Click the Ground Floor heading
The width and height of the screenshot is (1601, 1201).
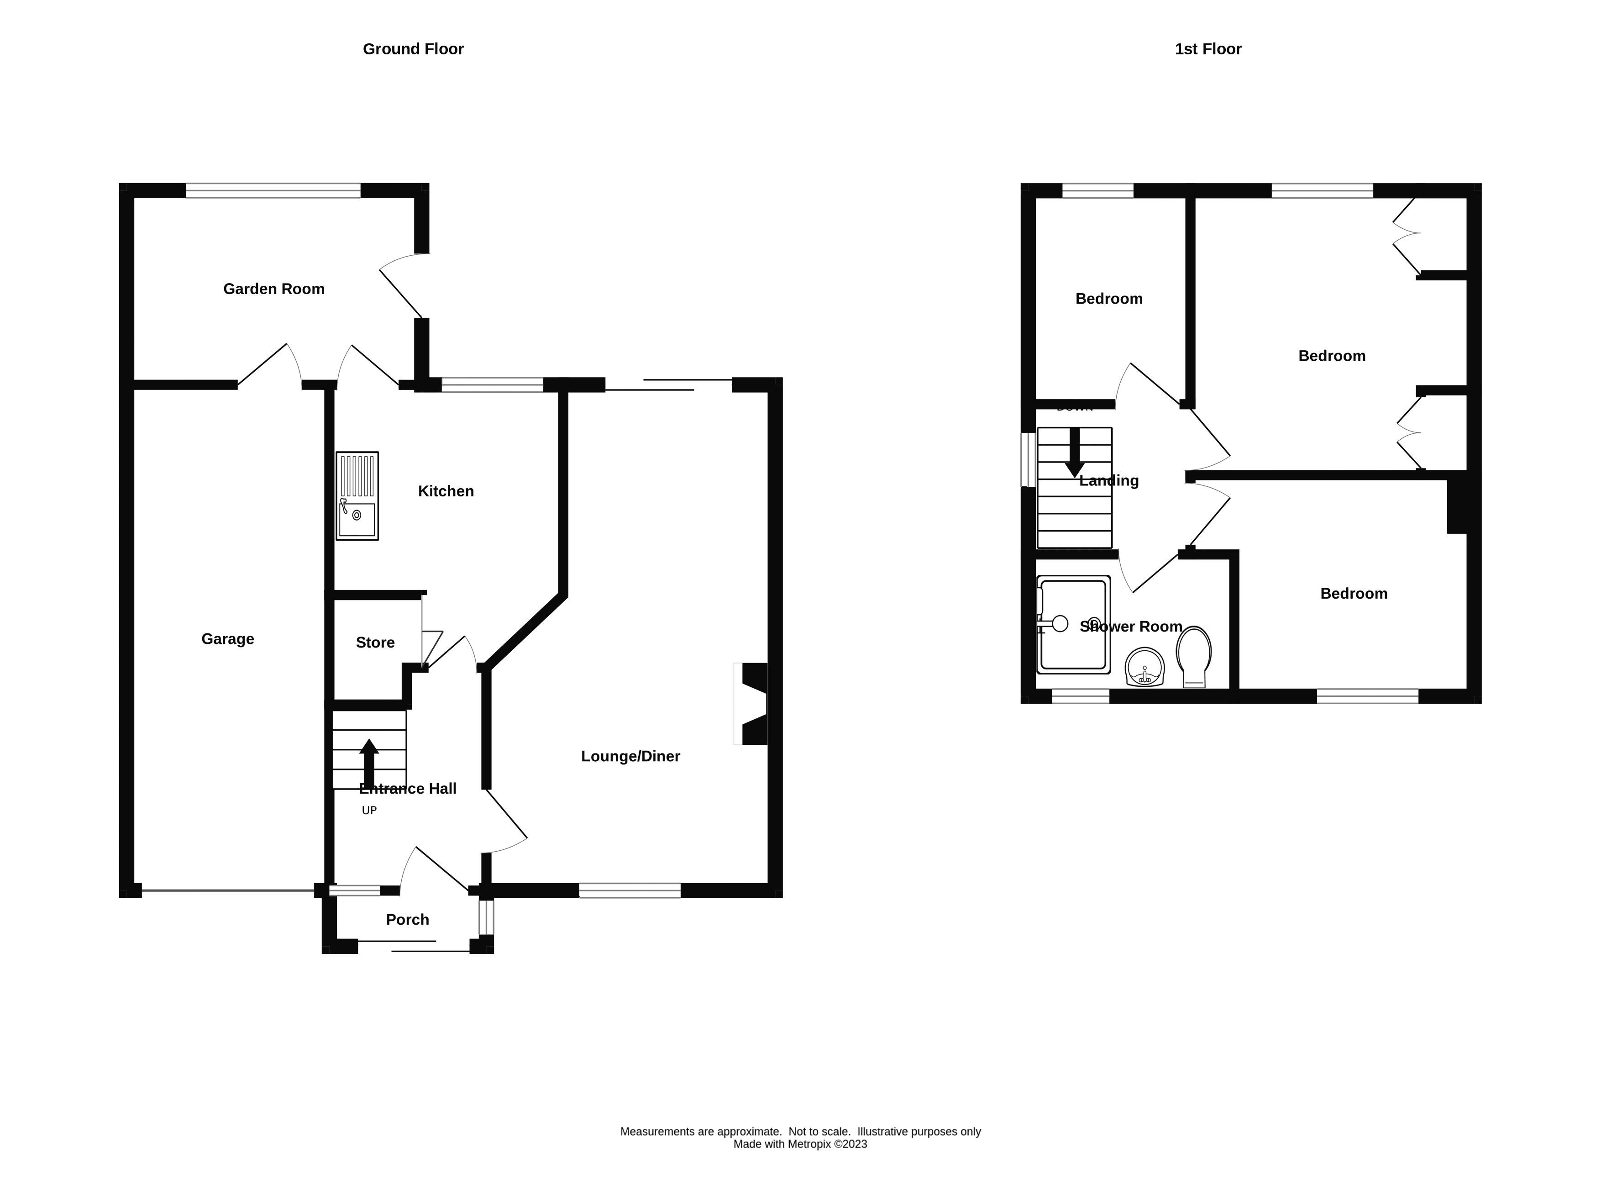click(413, 49)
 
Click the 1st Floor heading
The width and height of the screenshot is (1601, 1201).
click(1207, 49)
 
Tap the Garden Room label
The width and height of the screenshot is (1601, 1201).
click(273, 289)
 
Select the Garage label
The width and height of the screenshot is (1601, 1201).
click(227, 638)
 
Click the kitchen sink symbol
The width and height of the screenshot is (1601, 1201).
click(357, 496)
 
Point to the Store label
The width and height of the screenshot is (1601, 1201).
click(375, 642)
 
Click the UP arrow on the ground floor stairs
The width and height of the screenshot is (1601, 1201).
click(369, 762)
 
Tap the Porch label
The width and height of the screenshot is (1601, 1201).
click(408, 919)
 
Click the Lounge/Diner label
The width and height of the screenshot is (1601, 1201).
click(630, 756)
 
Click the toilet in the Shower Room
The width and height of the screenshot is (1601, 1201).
click(1193, 655)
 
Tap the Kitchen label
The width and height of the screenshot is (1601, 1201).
click(446, 491)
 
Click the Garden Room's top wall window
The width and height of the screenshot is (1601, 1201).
click(273, 190)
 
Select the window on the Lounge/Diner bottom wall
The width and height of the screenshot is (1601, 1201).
click(630, 890)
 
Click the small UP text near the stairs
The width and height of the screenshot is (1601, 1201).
click(369, 810)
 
